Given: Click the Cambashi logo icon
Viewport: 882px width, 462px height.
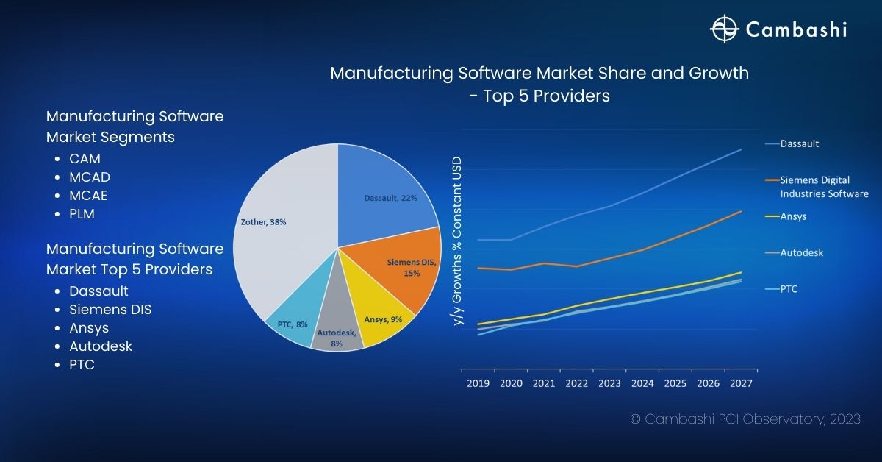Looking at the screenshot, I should click(724, 29).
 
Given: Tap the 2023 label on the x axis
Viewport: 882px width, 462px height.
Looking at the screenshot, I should click(609, 383).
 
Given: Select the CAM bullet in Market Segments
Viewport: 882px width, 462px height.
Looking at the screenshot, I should click(85, 159).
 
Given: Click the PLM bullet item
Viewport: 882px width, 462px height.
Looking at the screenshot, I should click(82, 214).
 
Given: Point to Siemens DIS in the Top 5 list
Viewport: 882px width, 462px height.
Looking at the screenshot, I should click(110, 310).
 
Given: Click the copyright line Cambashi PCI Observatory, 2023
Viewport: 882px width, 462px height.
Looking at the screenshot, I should click(745, 419).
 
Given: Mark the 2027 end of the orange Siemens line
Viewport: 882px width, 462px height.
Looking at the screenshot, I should click(741, 211).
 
